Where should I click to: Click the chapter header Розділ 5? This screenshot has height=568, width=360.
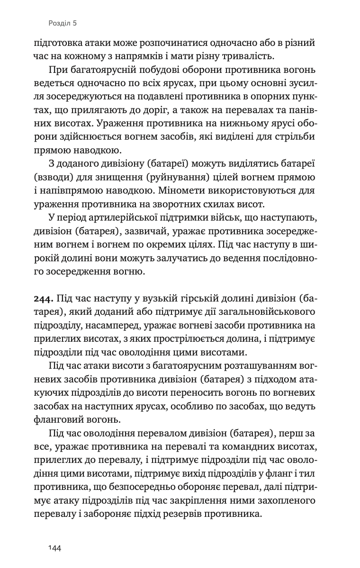63,22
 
